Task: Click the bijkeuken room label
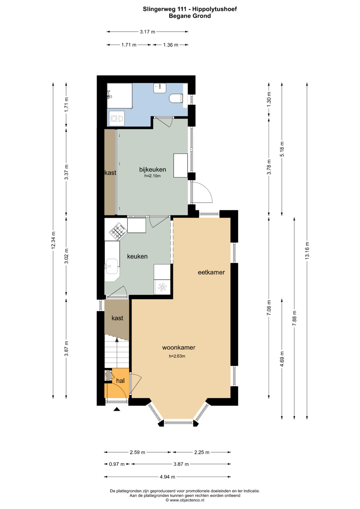click(153, 170)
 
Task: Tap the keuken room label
click(137, 256)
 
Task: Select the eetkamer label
click(211, 272)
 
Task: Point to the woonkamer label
click(179, 347)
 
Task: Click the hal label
click(120, 381)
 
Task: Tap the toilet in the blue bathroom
click(176, 98)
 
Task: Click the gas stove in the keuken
click(118, 231)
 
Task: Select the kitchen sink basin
click(112, 266)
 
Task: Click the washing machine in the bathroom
click(117, 118)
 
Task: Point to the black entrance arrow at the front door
click(117, 409)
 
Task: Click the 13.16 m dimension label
click(307, 250)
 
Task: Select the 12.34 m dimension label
click(53, 240)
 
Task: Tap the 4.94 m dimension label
click(167, 477)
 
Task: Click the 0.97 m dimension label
click(117, 464)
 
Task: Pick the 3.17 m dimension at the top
click(147, 32)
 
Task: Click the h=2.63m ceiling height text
click(177, 356)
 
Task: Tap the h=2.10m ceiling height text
click(153, 176)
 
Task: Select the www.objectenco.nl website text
click(187, 500)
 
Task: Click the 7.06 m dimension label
click(269, 308)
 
